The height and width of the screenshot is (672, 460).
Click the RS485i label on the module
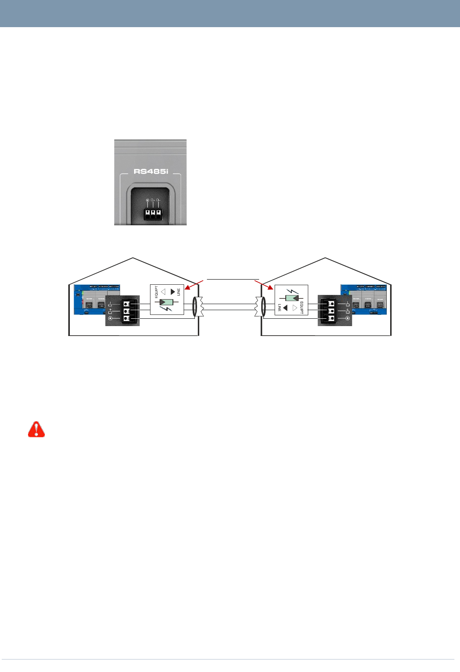[x=150, y=171]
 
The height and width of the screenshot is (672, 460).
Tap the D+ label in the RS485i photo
[x=153, y=200]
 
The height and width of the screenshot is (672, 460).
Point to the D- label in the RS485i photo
[x=159, y=200]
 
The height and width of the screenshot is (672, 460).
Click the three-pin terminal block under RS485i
[x=153, y=214]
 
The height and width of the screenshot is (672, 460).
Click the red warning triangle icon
[x=37, y=429]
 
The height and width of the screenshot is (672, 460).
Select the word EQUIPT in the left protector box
[x=156, y=292]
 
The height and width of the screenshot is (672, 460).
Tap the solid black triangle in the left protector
[x=173, y=292]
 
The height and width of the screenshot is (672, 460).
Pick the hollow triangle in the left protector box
[x=163, y=292]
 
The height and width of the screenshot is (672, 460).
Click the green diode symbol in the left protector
[x=166, y=302]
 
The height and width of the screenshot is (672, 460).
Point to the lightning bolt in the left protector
[x=166, y=309]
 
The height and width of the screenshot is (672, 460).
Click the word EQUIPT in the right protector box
[x=302, y=308]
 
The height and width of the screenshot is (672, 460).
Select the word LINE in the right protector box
[x=279, y=308]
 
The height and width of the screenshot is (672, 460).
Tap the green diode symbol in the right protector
[x=292, y=298]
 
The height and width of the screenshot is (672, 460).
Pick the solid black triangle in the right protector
[x=285, y=308]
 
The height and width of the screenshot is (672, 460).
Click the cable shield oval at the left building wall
[x=195, y=307]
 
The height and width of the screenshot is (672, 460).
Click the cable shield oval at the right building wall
[x=263, y=307]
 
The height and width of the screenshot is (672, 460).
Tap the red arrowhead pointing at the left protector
[x=187, y=288]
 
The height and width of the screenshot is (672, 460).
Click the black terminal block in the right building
[x=331, y=311]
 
